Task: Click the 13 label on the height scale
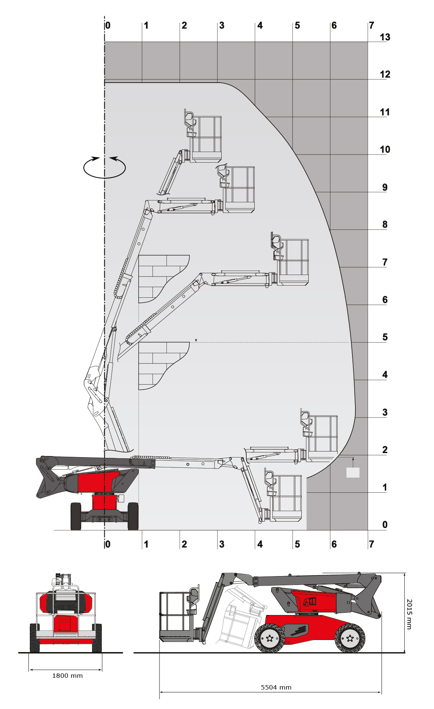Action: tap(385, 37)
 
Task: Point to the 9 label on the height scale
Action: tap(385, 187)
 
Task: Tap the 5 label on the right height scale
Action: tap(385, 337)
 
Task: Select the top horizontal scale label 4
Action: tap(260, 25)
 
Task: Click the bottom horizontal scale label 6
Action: tap(334, 544)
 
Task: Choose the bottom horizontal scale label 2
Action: tap(184, 544)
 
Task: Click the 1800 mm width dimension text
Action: tap(68, 676)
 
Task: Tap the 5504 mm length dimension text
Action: tap(276, 687)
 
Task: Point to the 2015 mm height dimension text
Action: tap(409, 614)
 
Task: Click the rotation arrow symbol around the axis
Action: tap(104, 167)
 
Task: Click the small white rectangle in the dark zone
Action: tap(353, 473)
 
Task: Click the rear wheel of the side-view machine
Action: tap(350, 638)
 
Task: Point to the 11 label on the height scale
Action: tap(385, 112)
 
